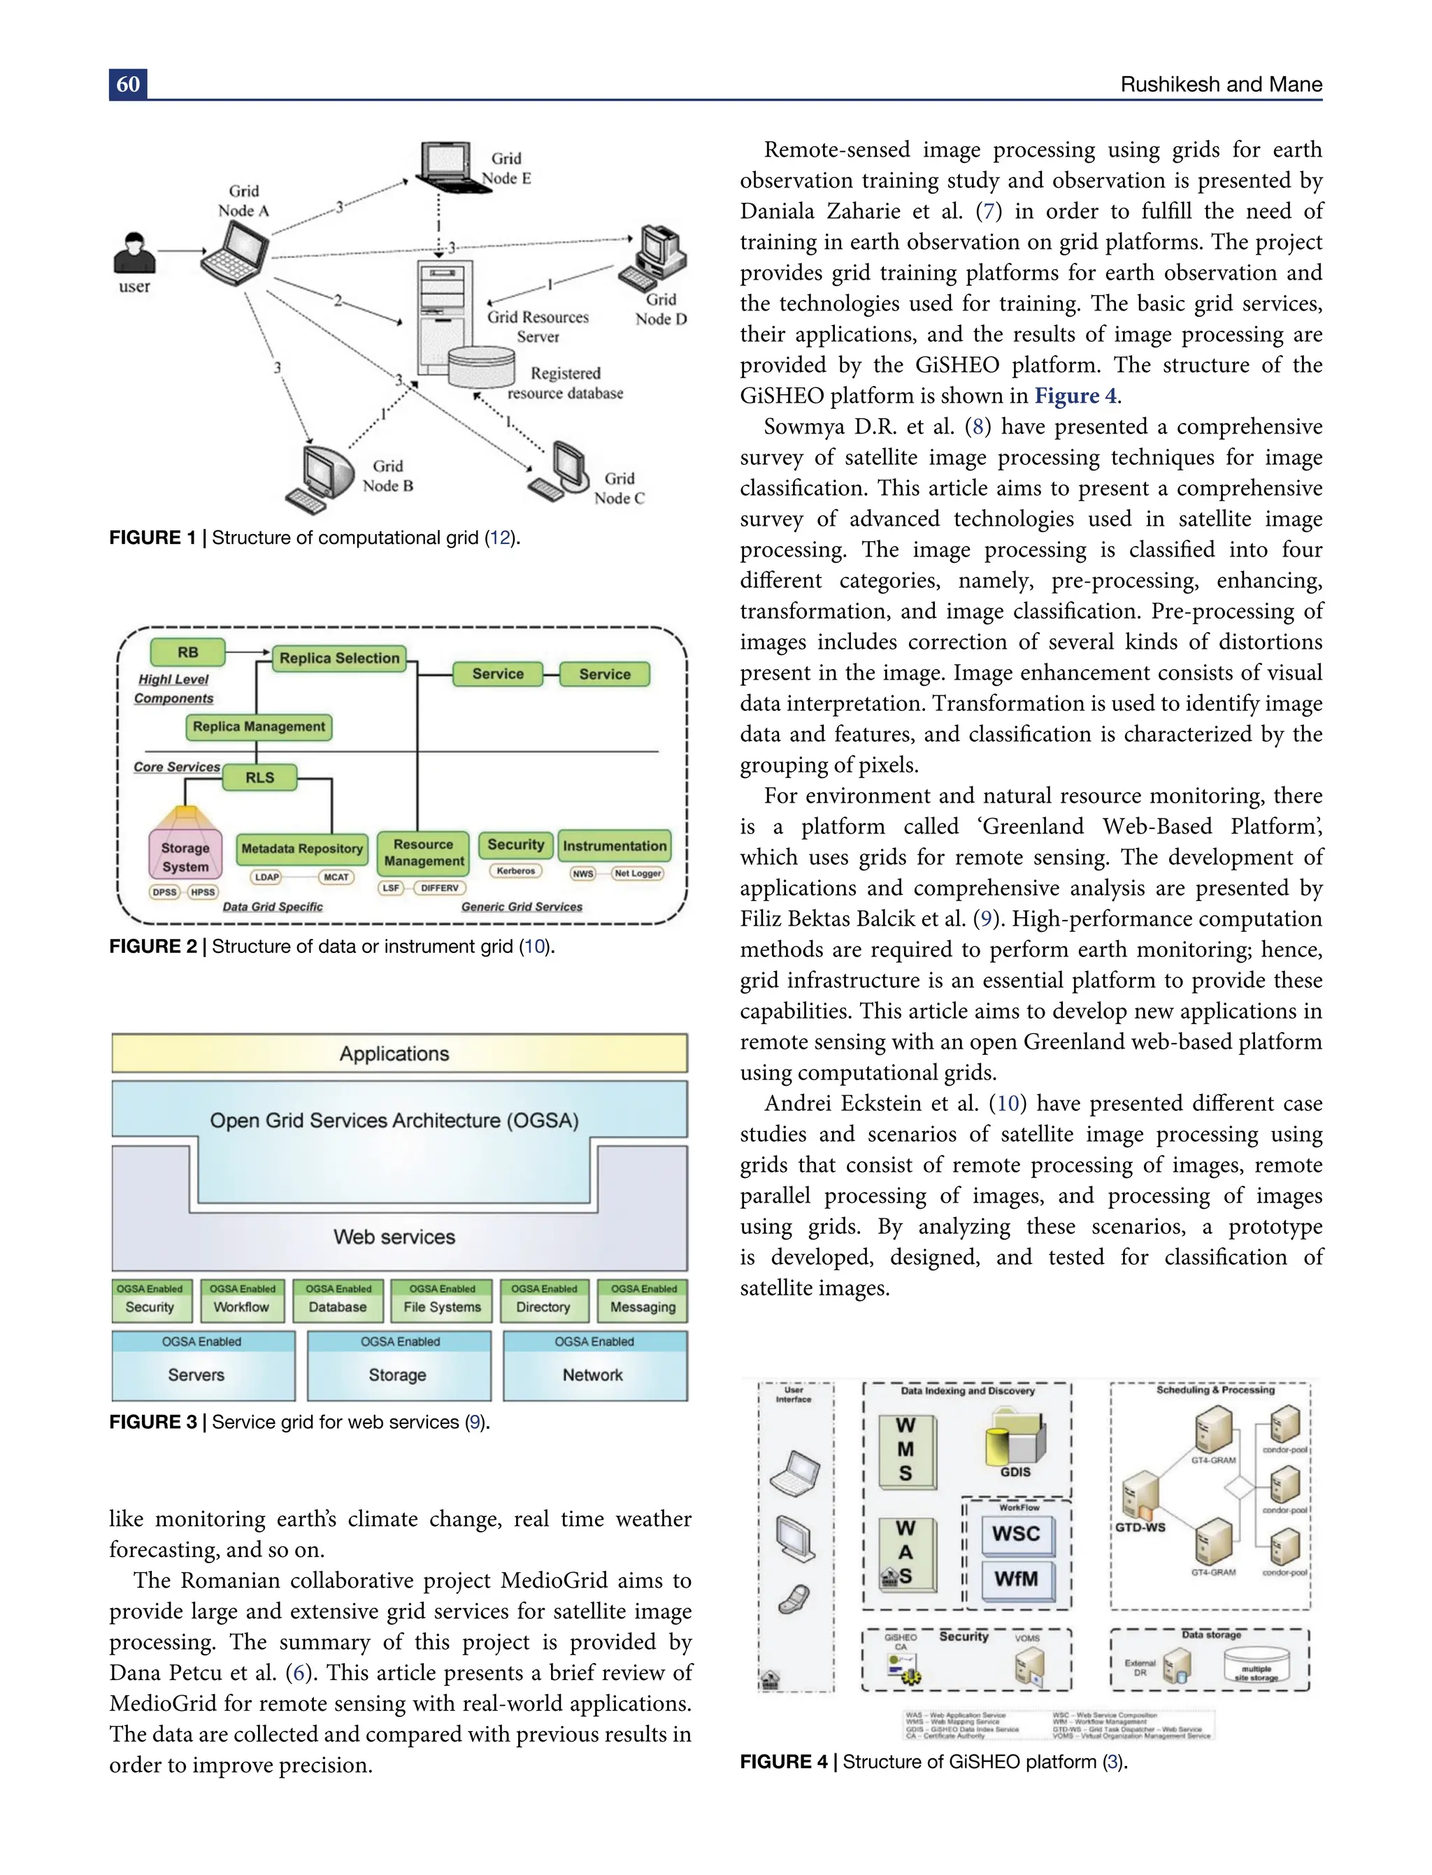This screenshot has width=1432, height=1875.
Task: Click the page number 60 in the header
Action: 128,85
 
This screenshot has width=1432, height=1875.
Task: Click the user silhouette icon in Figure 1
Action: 135,253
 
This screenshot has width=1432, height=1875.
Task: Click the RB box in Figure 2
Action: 187,652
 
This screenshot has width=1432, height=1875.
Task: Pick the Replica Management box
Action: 258,726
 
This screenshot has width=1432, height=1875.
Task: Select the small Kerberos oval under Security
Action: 516,871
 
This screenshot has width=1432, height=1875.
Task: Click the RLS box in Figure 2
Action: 260,777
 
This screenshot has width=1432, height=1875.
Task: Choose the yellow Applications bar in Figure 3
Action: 399,1054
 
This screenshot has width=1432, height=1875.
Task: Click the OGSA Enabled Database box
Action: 338,1300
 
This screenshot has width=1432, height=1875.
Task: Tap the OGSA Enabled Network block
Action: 594,1366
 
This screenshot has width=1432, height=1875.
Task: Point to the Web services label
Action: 394,1237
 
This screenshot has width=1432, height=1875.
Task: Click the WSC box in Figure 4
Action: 1016,1534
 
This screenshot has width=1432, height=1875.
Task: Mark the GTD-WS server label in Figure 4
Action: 1140,1528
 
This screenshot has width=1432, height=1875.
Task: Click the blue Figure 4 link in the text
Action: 1075,396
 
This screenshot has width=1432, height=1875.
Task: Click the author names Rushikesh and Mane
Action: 1221,85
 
